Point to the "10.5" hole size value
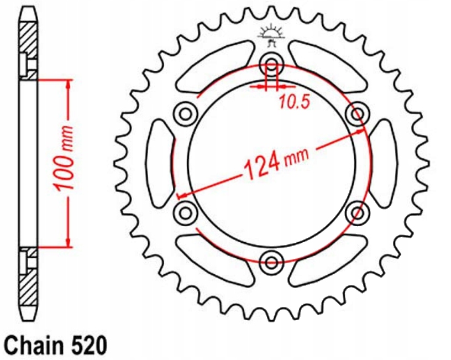click(291, 102)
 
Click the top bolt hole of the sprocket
click(271, 61)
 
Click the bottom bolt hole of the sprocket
click(271, 260)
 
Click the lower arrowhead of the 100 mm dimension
click(69, 241)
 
